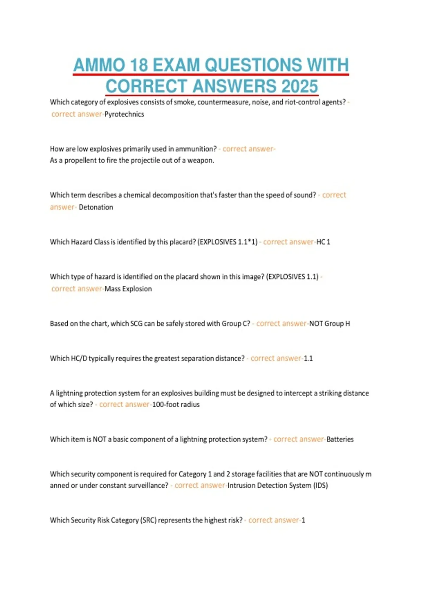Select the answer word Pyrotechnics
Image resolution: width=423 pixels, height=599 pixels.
click(x=124, y=114)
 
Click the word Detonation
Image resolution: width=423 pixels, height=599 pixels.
click(x=96, y=207)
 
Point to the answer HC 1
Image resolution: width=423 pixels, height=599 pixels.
click(x=323, y=242)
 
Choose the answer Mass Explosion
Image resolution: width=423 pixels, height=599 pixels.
click(x=128, y=289)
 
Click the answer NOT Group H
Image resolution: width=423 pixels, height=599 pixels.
click(x=330, y=324)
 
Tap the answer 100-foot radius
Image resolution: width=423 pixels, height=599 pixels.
click(x=176, y=405)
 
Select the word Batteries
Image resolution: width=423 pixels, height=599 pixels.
click(x=340, y=439)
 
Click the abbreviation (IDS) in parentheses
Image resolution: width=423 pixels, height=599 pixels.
click(x=320, y=486)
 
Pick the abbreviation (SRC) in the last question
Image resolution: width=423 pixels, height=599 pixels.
click(x=148, y=520)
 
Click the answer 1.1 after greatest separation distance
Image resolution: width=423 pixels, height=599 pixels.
click(x=308, y=359)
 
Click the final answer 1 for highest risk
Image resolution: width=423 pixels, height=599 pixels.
click(x=304, y=520)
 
